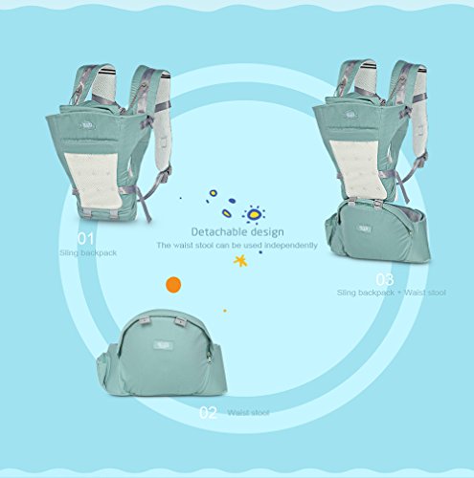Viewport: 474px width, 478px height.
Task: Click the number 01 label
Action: click(85, 239)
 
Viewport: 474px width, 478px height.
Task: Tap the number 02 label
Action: click(208, 413)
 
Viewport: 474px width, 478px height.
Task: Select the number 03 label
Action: click(385, 279)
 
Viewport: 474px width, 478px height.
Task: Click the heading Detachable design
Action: click(237, 231)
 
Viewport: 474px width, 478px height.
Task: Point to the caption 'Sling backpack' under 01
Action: click(88, 253)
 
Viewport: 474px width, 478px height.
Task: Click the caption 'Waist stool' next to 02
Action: click(248, 413)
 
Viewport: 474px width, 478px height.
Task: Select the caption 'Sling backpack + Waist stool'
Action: click(392, 293)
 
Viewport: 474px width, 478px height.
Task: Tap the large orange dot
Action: click(173, 285)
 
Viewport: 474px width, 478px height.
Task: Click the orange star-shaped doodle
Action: click(240, 261)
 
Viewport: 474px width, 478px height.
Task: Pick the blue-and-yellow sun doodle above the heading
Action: click(254, 214)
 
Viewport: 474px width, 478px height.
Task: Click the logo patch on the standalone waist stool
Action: click(163, 345)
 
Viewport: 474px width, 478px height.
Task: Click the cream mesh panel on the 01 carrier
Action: click(93, 181)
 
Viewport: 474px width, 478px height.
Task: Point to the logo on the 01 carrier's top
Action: click(87, 126)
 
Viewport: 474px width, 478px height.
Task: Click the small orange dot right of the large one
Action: click(225, 311)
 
